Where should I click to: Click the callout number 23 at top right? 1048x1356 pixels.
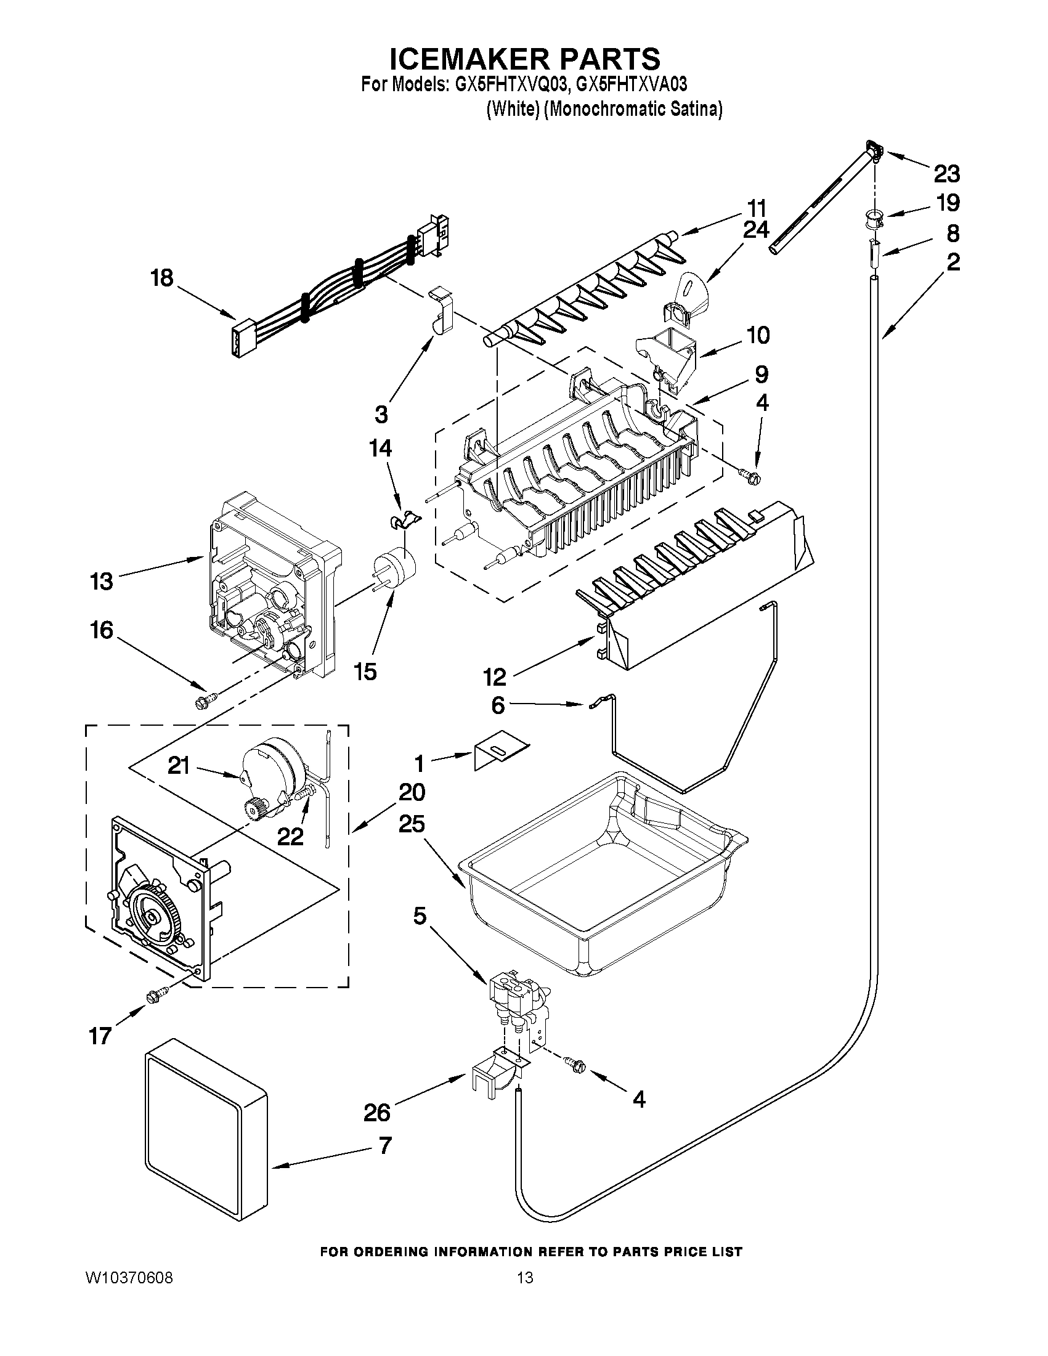pyautogui.click(x=946, y=174)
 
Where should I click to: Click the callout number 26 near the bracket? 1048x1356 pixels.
pyautogui.click(x=377, y=1111)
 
